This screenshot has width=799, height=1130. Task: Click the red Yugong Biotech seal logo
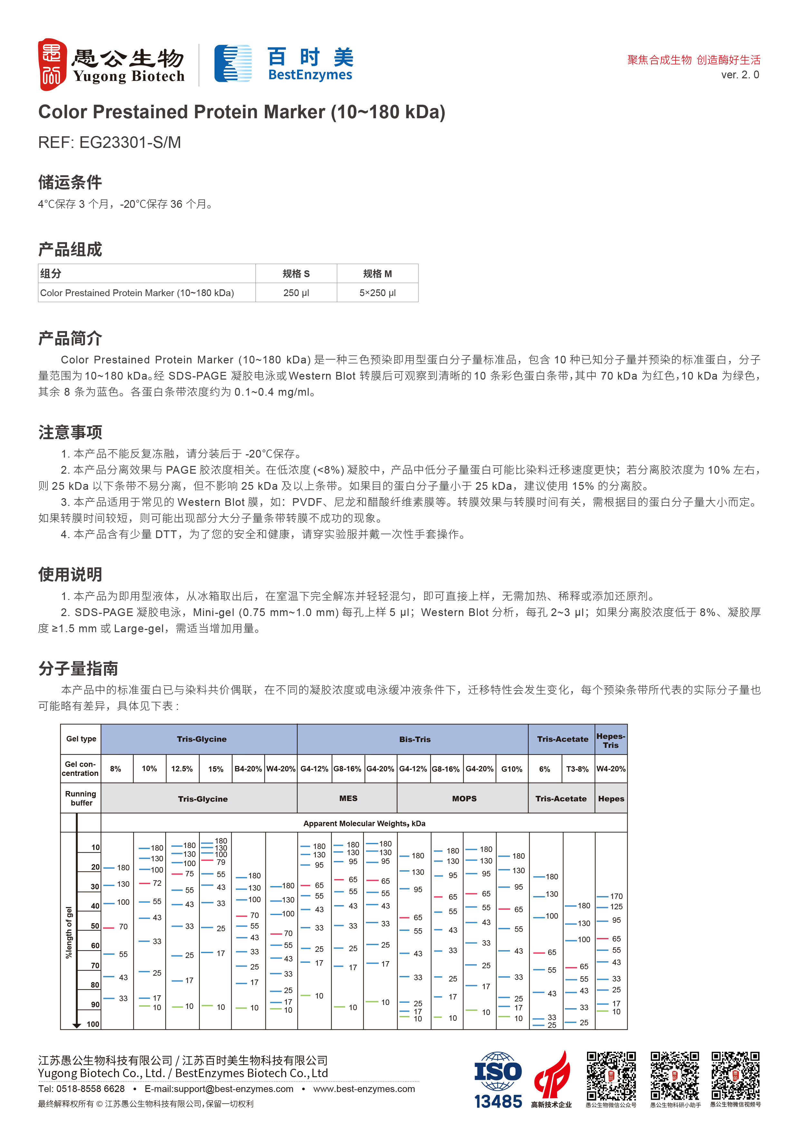(52, 64)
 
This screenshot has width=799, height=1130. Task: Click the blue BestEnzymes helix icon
(233, 63)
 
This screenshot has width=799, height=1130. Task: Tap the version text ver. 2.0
(739, 75)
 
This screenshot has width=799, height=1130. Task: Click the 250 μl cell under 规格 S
(296, 293)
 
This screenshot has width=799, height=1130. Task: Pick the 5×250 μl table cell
(377, 293)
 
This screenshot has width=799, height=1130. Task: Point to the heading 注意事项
(70, 432)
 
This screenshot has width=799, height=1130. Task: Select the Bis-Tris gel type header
(414, 739)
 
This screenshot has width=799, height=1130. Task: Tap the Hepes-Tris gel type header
(611, 740)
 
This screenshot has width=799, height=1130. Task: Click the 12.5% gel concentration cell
(182, 769)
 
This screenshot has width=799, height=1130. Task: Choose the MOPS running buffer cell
(464, 798)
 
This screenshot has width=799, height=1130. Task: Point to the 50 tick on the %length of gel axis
(95, 926)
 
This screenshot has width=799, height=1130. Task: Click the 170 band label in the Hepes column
(616, 896)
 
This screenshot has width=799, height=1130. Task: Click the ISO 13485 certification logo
(498, 1079)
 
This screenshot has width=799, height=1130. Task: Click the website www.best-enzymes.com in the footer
(364, 1089)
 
